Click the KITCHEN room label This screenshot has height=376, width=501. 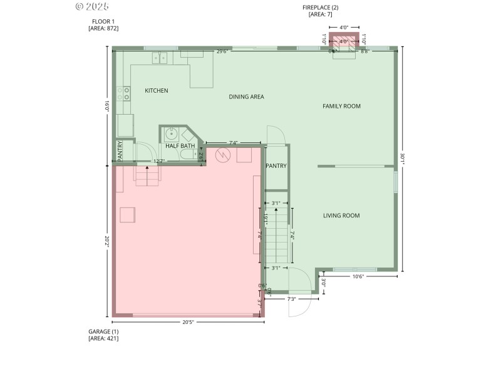coord(156,91)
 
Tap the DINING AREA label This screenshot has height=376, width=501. coord(246,97)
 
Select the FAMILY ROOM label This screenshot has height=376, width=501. coord(341,106)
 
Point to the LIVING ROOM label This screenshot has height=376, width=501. coord(341,216)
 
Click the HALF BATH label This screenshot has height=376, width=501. coord(180,146)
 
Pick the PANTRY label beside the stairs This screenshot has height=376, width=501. coord(276,166)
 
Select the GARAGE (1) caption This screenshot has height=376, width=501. coord(103,331)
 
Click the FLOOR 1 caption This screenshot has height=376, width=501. coord(103,21)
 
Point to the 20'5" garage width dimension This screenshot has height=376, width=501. coord(188,322)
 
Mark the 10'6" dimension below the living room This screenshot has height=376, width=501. coord(358,276)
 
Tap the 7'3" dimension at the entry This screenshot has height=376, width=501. coord(291,299)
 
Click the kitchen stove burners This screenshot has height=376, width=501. coord(127,94)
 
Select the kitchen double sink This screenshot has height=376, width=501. coord(160,58)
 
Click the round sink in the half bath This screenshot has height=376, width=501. coord(170,133)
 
